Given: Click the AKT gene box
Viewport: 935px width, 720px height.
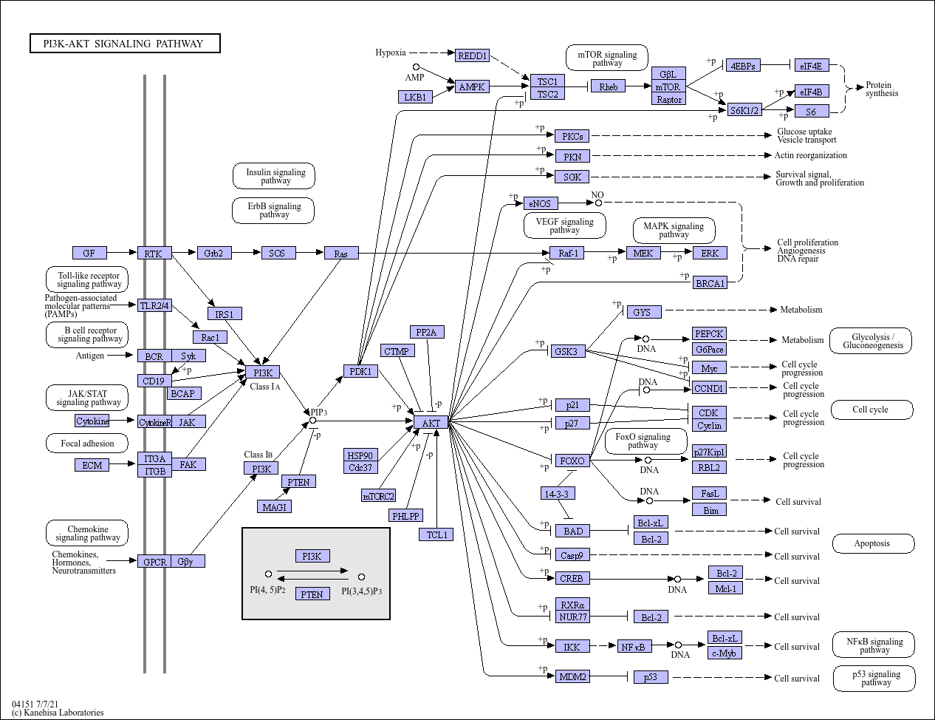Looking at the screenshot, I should (431, 423).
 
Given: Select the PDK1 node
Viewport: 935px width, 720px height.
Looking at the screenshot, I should (360, 371).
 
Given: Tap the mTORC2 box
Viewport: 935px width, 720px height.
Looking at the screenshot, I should (378, 496).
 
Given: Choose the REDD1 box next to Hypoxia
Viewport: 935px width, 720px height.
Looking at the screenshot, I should (472, 56).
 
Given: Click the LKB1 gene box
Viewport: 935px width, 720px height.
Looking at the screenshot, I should (415, 97).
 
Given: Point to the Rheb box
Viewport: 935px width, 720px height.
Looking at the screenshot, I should (608, 86).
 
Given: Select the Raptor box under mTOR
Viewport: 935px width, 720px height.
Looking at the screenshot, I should (668, 99).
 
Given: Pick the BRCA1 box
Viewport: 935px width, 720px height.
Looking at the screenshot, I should (710, 282).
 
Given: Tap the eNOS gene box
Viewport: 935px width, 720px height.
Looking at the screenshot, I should (541, 203).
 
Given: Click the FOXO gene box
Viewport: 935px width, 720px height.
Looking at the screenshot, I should (572, 461).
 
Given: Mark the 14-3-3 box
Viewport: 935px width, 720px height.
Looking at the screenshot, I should (558, 493).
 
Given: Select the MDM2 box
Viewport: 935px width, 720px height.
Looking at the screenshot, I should (572, 676).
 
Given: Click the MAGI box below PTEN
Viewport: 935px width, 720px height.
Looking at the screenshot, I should (274, 506).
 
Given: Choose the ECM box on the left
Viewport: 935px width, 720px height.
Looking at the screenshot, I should (92, 465).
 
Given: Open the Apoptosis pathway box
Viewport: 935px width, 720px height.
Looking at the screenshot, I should (871, 543).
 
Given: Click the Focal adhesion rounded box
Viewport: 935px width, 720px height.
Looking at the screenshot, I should (87, 444).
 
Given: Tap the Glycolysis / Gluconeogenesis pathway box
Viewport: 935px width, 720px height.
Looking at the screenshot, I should (872, 341).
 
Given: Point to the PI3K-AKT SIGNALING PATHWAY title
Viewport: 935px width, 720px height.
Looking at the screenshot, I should (125, 44).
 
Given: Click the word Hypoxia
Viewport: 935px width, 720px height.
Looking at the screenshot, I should (390, 52).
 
